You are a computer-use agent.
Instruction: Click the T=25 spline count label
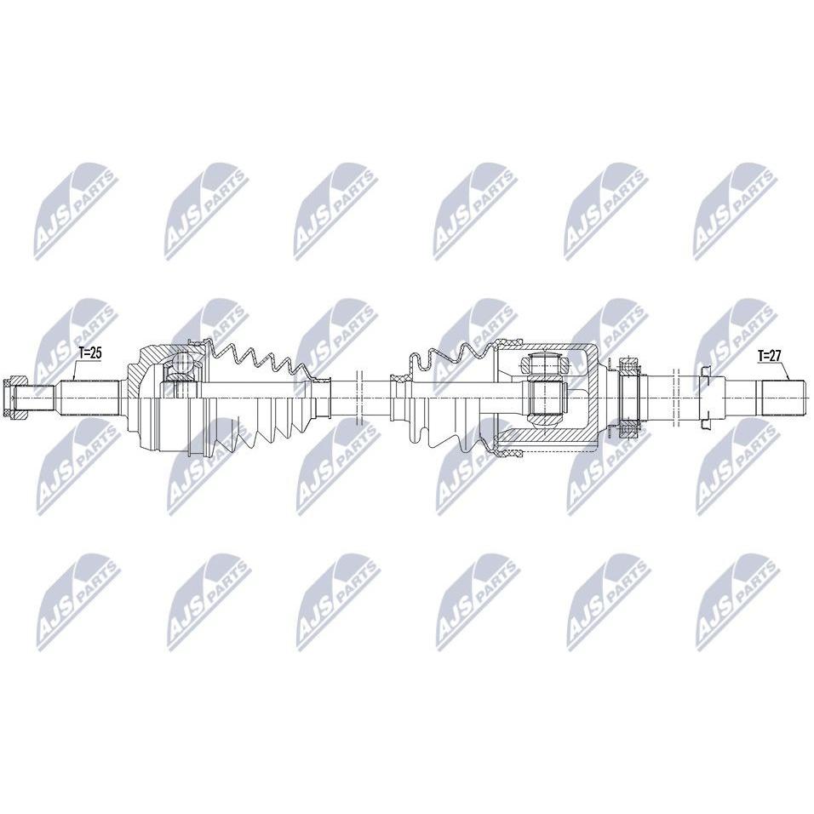click(x=89, y=354)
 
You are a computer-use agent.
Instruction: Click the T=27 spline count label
click(x=769, y=356)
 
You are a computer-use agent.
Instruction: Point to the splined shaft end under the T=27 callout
click(x=783, y=398)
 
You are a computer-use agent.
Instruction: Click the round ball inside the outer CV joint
click(x=181, y=363)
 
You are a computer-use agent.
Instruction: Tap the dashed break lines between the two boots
click(x=358, y=398)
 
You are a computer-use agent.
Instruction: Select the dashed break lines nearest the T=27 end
click(x=675, y=398)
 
